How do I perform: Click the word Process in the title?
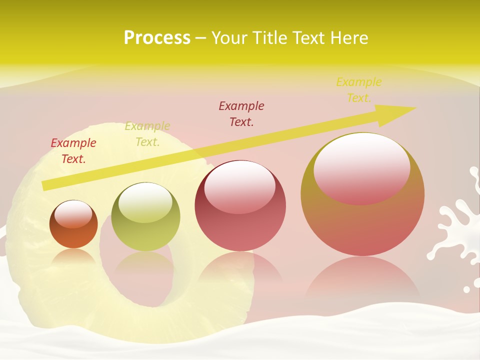point(157,38)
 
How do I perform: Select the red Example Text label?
point(73,151)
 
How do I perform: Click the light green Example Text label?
point(147,134)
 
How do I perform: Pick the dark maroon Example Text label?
point(241,113)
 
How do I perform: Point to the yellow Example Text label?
point(359,90)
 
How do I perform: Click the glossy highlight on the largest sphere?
point(362,167)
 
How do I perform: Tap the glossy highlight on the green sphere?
point(145,202)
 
